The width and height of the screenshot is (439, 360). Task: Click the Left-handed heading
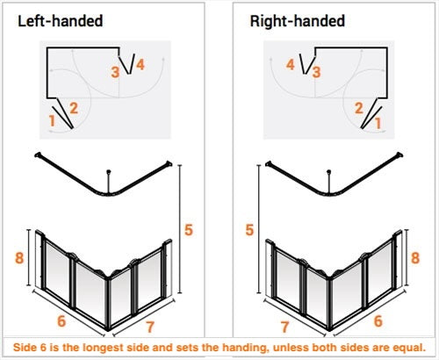[61, 21]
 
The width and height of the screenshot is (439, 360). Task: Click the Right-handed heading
[298, 21]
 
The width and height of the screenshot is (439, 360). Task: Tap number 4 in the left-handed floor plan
[140, 65]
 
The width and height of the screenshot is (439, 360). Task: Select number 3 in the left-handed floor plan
[115, 72]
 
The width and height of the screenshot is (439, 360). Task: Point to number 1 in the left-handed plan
[52, 120]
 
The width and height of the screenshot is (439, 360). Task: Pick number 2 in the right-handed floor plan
[359, 108]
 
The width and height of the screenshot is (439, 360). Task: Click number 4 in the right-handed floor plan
[291, 65]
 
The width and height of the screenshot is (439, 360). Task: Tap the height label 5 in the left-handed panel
[189, 230]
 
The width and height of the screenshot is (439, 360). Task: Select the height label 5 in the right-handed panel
[249, 230]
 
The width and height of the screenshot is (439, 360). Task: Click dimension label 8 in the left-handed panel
[19, 258]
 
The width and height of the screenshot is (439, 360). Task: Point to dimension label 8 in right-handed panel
[415, 258]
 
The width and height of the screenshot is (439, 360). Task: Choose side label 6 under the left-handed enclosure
[61, 321]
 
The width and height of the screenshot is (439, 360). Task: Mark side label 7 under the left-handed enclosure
[150, 327]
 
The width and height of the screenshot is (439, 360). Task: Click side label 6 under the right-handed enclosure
[378, 321]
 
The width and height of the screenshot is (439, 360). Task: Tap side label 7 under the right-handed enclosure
[284, 327]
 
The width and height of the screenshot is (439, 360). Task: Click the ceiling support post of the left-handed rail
[109, 182]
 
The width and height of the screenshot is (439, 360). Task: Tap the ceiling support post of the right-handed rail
[329, 182]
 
